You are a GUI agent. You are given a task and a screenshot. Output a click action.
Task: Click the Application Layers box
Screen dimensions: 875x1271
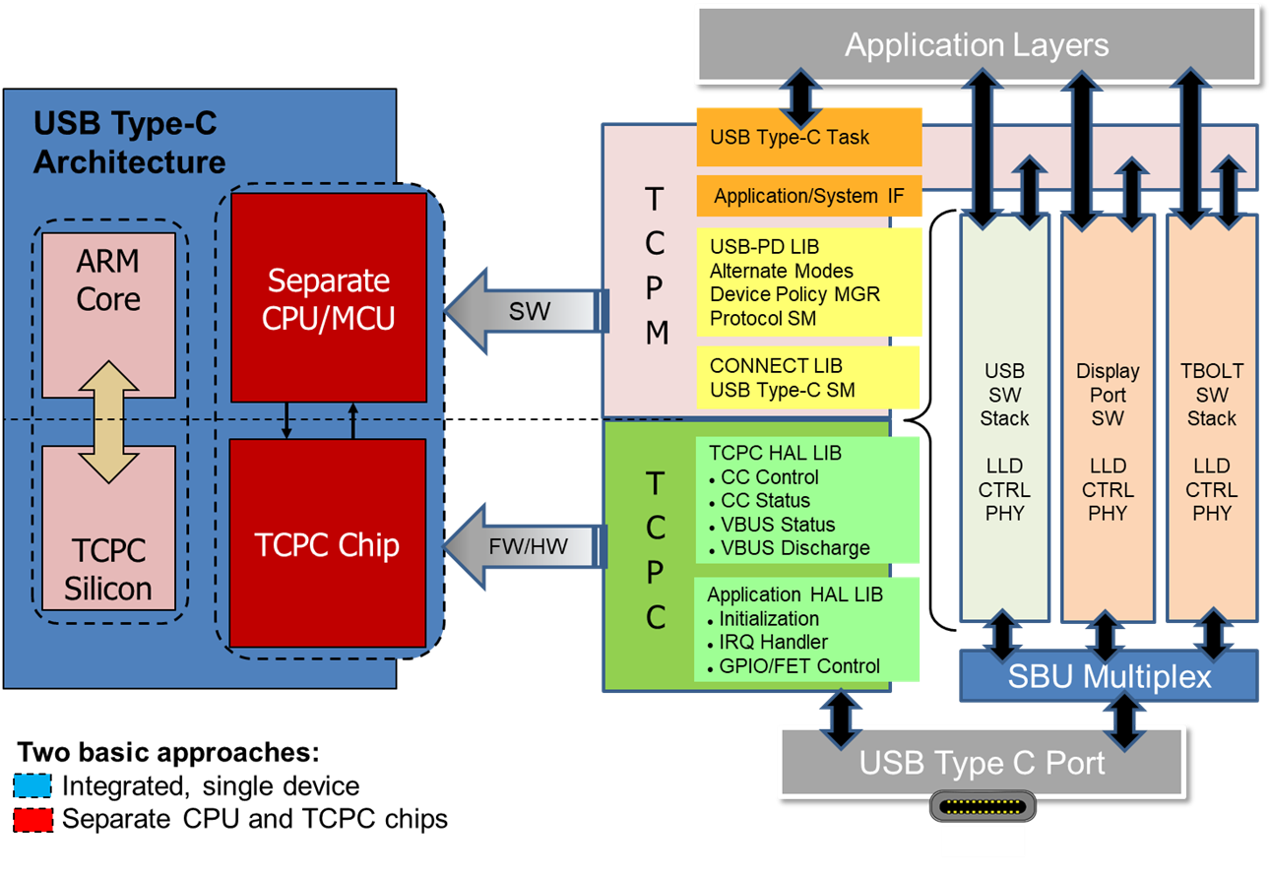[x=976, y=44]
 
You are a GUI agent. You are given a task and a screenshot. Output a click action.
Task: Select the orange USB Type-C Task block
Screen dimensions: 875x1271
[x=808, y=137]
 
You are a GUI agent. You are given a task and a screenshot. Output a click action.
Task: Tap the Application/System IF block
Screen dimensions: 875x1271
[x=808, y=196]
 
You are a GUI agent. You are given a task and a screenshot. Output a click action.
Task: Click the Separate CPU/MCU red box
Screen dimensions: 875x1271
[x=329, y=297]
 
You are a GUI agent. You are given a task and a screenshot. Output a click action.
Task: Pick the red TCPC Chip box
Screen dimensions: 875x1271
[x=327, y=543]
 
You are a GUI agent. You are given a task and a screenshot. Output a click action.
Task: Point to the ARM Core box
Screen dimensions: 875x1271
[x=108, y=281]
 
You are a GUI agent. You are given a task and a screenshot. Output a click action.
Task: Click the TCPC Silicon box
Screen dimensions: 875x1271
[x=108, y=569]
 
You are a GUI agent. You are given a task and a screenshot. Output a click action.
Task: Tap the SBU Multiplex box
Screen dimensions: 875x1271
[x=1109, y=677]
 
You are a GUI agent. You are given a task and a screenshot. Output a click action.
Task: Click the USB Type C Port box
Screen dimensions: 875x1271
[x=982, y=763]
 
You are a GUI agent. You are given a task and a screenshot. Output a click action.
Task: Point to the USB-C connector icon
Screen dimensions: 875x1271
[x=983, y=808]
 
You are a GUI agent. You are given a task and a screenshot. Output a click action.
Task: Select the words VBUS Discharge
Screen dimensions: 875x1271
[x=795, y=548]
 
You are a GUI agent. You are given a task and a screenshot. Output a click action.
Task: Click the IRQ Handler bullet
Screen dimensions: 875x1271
[x=773, y=643]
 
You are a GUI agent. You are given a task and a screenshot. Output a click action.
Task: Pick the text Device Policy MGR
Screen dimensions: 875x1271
[x=794, y=294]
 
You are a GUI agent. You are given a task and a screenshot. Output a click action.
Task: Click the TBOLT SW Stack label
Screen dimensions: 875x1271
[x=1211, y=395]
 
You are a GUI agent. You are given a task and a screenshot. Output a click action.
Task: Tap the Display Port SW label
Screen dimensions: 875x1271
[x=1108, y=395]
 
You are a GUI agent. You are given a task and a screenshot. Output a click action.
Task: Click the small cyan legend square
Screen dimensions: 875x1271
[x=32, y=785]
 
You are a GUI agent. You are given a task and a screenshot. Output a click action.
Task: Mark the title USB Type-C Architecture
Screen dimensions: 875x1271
[x=129, y=143]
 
